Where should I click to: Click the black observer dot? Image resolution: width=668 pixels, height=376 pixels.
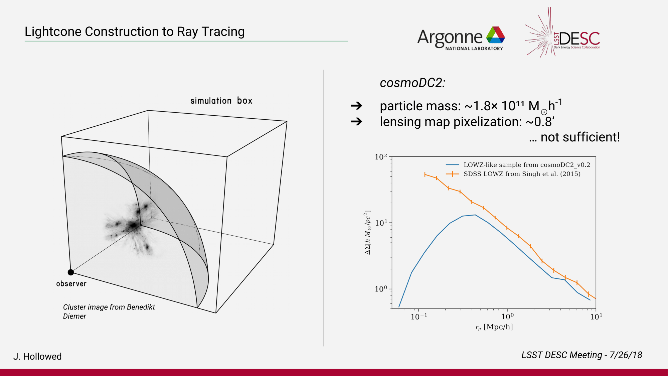point(71,272)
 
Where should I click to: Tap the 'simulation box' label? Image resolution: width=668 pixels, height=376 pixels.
point(221,101)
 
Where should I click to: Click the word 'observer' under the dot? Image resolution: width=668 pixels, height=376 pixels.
point(71,284)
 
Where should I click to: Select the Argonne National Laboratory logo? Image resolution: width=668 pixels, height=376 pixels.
point(461,38)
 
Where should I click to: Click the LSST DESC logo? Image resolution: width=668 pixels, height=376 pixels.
point(562,32)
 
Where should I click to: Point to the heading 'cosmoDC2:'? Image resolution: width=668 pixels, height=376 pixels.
point(412,83)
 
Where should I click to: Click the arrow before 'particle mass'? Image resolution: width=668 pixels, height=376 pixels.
point(356,106)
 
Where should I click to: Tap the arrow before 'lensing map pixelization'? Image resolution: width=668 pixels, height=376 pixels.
point(356,121)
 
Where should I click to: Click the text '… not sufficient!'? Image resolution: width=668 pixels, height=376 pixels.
point(574,137)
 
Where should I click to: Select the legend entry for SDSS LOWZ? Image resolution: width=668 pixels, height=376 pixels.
point(513,174)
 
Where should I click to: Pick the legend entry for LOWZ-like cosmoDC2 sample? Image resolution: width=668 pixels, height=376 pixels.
point(518,165)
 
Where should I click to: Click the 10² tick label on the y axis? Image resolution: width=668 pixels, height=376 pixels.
point(381,157)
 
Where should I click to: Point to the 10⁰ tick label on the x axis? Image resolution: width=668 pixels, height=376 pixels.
point(507,316)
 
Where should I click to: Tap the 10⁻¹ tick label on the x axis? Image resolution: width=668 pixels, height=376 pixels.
point(419,316)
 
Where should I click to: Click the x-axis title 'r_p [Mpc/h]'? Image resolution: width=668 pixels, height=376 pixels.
point(494,327)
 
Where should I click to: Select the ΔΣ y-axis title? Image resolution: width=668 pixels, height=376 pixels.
point(367,233)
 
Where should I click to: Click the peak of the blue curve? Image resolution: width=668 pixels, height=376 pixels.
point(475,215)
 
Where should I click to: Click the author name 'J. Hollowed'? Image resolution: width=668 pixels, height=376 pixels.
point(37,356)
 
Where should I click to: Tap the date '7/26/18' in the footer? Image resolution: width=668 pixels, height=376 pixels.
point(626,355)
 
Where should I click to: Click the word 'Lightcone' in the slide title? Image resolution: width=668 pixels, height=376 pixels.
point(53,32)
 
